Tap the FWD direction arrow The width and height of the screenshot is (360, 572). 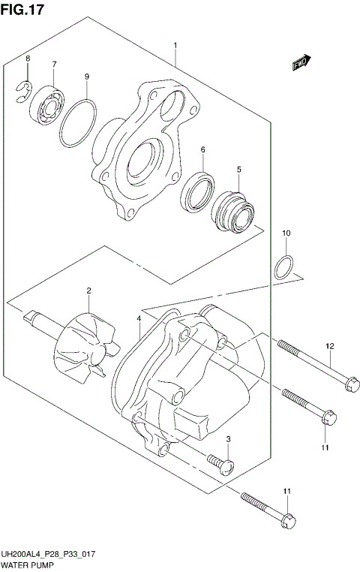coord(302,66)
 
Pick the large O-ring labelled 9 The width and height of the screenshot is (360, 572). coord(78,125)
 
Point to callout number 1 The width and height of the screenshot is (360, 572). coord(175,46)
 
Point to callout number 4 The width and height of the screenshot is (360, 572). coord(139,319)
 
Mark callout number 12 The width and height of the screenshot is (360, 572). coord(329,346)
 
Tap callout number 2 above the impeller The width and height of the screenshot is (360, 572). coord(88,291)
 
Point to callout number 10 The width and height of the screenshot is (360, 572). coord(286,234)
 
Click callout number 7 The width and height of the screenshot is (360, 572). coord(54,65)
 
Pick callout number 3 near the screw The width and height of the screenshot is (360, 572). coord(228,439)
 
